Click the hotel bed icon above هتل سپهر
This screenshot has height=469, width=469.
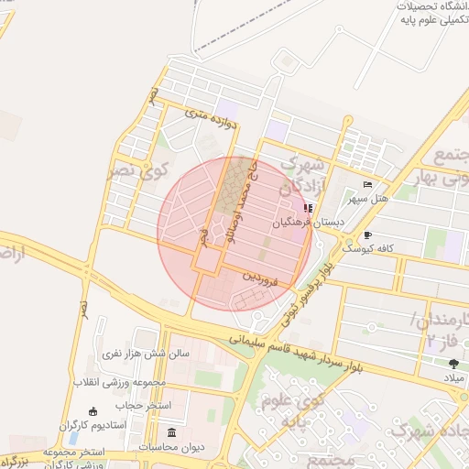[x=367, y=184]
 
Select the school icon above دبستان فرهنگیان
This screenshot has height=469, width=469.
[x=308, y=209]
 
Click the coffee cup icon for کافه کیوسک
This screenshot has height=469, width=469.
[x=367, y=234]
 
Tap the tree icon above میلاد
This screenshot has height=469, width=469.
[x=454, y=364]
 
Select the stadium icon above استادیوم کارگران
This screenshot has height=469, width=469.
[x=92, y=411]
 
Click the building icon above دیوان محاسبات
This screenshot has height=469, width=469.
[x=171, y=432]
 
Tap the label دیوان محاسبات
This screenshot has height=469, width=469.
[x=171, y=446]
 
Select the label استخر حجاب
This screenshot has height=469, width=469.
[x=138, y=404]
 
